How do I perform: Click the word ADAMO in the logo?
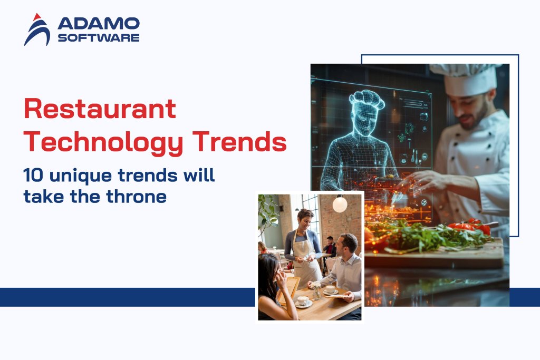click(98, 23)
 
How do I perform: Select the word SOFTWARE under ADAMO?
click(98, 37)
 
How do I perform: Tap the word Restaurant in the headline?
click(100, 110)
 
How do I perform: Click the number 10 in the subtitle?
click(33, 176)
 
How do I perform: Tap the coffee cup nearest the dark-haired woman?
click(303, 300)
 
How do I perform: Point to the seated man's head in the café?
click(349, 245)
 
